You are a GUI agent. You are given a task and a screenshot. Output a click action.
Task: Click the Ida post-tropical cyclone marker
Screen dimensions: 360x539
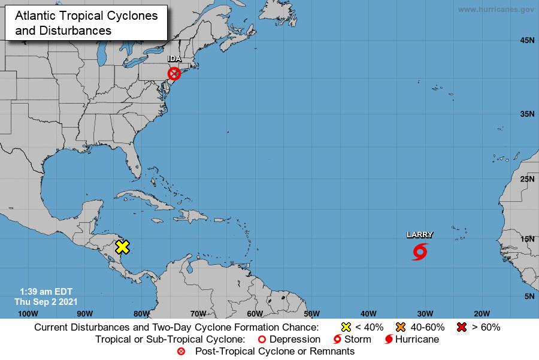[x=174, y=74]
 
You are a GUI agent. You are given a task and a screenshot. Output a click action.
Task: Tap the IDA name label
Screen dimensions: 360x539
[x=175, y=59]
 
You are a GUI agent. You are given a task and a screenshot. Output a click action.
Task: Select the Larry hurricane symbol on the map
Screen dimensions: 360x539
[x=420, y=252]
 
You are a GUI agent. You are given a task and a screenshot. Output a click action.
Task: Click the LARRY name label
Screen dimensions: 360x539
[x=420, y=235]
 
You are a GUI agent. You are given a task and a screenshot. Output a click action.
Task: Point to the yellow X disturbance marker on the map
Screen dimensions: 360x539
[x=122, y=247]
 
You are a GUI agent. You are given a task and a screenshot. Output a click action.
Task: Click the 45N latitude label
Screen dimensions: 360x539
[x=526, y=41]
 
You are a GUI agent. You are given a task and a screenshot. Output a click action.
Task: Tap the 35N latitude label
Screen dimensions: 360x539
[x=526, y=113]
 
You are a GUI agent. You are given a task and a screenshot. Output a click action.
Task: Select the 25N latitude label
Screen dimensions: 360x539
[x=526, y=179]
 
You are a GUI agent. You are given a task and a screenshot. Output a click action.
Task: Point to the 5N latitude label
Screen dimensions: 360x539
[x=529, y=297]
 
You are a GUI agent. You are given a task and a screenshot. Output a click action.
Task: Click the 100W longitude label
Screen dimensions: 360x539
[x=28, y=313]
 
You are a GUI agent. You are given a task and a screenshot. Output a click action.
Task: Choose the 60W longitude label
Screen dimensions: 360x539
[x=255, y=313]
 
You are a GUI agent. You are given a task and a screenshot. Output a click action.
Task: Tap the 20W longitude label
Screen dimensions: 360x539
[x=482, y=313]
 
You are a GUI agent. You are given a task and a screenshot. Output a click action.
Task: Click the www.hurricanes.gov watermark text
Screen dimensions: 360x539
[x=495, y=10]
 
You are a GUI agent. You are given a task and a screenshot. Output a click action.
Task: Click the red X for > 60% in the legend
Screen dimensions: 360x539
[x=461, y=327]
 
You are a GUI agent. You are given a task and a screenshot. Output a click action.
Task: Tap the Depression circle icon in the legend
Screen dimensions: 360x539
[x=261, y=340]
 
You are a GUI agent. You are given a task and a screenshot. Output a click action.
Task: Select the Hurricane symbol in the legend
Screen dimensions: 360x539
[x=389, y=340]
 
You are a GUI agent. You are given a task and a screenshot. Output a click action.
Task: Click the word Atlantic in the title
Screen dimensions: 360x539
[x=35, y=16]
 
